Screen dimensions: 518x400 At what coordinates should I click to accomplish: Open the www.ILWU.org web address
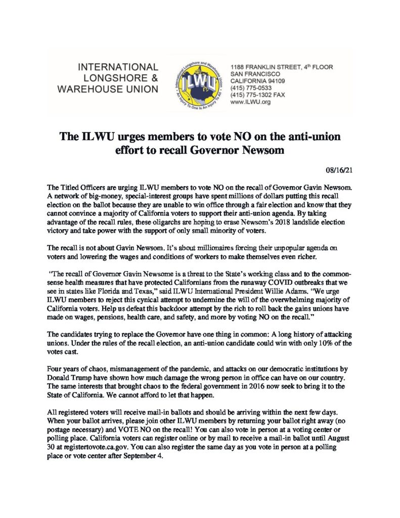pos(251,102)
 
